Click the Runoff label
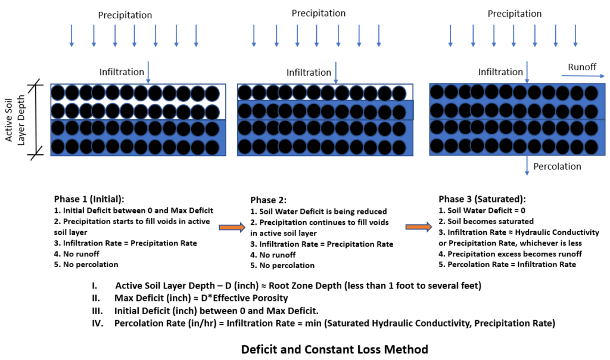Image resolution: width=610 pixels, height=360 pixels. [x=582, y=67]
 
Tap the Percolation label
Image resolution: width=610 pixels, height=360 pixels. [x=557, y=166]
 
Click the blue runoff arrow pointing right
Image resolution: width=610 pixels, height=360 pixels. [x=583, y=76]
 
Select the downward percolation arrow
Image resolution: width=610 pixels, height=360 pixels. [x=527, y=166]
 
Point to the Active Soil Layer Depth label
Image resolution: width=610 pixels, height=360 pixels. [x=15, y=120]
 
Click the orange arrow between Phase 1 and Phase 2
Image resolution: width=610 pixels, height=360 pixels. [x=232, y=227]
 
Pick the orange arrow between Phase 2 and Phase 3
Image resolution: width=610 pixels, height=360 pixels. [x=419, y=227]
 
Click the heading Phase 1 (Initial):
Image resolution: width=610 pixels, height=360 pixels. [x=89, y=199]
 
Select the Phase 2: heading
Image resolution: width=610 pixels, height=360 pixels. [x=269, y=200]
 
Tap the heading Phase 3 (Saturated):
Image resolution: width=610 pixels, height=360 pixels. [x=482, y=199]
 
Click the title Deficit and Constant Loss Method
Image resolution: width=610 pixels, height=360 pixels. [x=335, y=349]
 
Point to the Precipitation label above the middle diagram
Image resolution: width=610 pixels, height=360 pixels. [x=319, y=13]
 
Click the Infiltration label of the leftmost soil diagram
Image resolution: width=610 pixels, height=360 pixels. [x=122, y=72]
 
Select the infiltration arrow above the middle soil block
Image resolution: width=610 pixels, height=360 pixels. [x=336, y=72]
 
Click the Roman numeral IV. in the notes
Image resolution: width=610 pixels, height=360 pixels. [x=98, y=323]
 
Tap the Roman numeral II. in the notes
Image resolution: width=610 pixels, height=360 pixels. [x=96, y=298]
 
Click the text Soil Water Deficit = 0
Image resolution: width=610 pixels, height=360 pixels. [x=486, y=210]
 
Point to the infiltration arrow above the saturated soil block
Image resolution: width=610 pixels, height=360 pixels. [x=527, y=72]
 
